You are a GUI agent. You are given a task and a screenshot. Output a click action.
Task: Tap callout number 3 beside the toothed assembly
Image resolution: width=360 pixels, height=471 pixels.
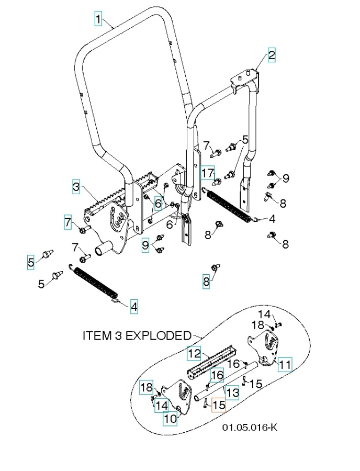(x=76, y=186)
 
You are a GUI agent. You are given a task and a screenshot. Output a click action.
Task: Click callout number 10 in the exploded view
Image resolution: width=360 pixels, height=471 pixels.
(x=170, y=419)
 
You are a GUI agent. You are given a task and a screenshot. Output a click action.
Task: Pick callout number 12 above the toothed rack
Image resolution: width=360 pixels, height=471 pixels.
(x=194, y=354)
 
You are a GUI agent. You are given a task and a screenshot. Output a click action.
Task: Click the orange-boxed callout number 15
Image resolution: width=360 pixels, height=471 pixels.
(x=219, y=405)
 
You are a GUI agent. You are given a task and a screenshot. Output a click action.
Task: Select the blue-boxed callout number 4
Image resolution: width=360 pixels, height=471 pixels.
(x=134, y=306)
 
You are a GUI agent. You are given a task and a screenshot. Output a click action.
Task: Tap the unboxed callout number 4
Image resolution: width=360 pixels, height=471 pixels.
(x=272, y=218)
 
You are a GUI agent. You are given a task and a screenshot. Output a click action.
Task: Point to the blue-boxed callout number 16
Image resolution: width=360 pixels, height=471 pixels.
(x=217, y=375)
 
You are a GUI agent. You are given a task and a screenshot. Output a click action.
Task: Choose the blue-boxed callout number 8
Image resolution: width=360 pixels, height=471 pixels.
(x=206, y=282)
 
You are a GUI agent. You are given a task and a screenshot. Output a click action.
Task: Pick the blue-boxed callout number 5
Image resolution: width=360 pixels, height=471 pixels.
(x=31, y=262)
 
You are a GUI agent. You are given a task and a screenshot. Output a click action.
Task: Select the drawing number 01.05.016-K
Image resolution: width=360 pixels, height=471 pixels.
(x=250, y=428)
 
